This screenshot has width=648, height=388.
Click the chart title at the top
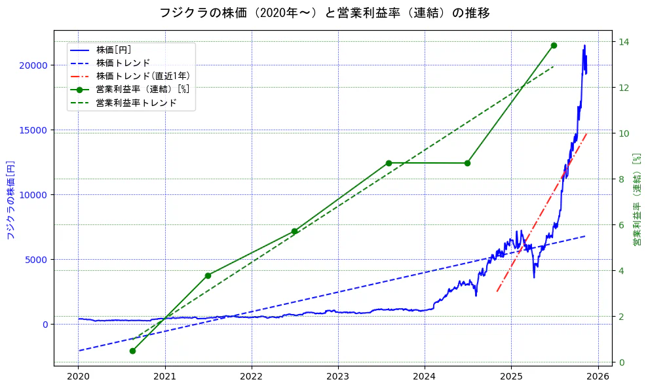coord(324,12)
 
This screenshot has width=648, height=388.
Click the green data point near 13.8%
coord(554,45)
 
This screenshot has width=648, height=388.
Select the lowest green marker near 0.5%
coord(132,351)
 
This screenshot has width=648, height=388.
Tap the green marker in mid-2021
coord(208,275)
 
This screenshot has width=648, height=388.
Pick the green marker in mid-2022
coord(294,231)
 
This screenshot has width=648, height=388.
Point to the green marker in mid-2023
coord(389,163)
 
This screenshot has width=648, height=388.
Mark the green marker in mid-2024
coord(467,163)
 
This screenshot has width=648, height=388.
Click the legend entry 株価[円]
coord(113,50)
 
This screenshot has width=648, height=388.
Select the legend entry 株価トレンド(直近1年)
coord(142,76)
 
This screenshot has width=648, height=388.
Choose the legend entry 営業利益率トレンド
coord(136,103)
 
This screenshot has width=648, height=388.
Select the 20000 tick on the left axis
coord(33,65)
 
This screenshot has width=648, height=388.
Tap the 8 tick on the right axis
coord(622,179)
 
